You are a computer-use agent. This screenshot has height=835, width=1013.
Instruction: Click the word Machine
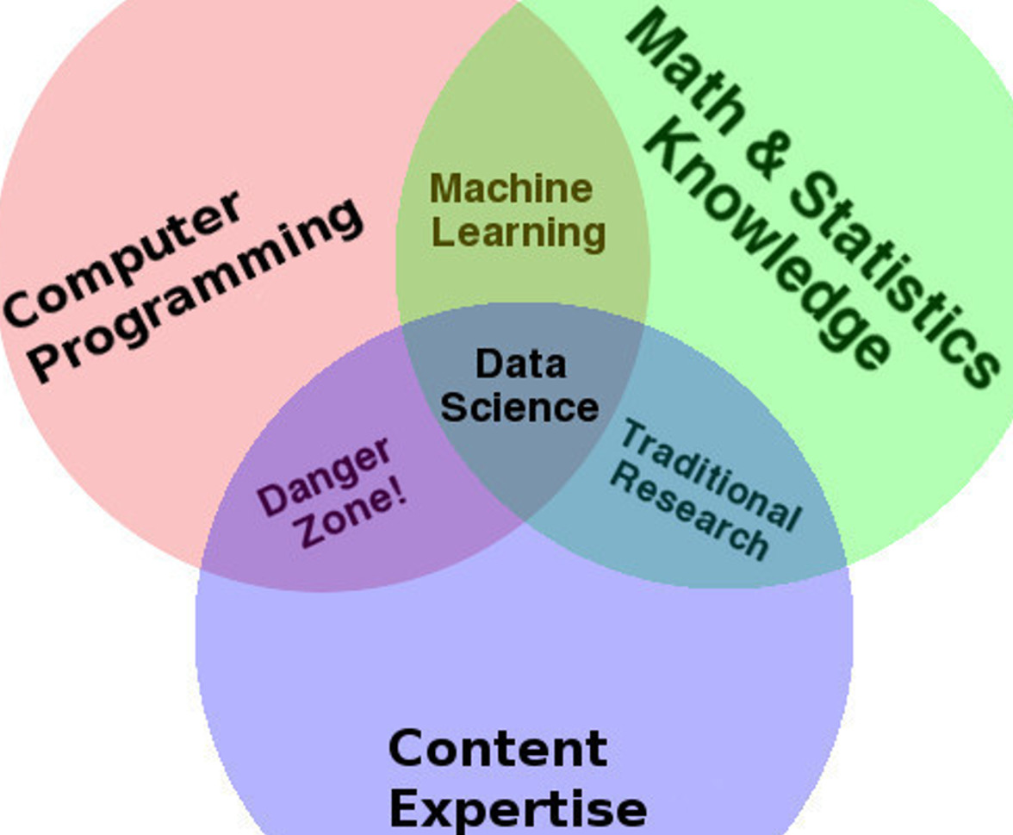[511, 189]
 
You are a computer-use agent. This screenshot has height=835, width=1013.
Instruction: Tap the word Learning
[519, 232]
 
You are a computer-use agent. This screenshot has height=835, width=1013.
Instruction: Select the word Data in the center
[520, 364]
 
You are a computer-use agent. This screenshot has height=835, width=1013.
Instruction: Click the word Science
[519, 407]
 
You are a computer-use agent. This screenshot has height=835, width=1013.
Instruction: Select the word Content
[498, 748]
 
